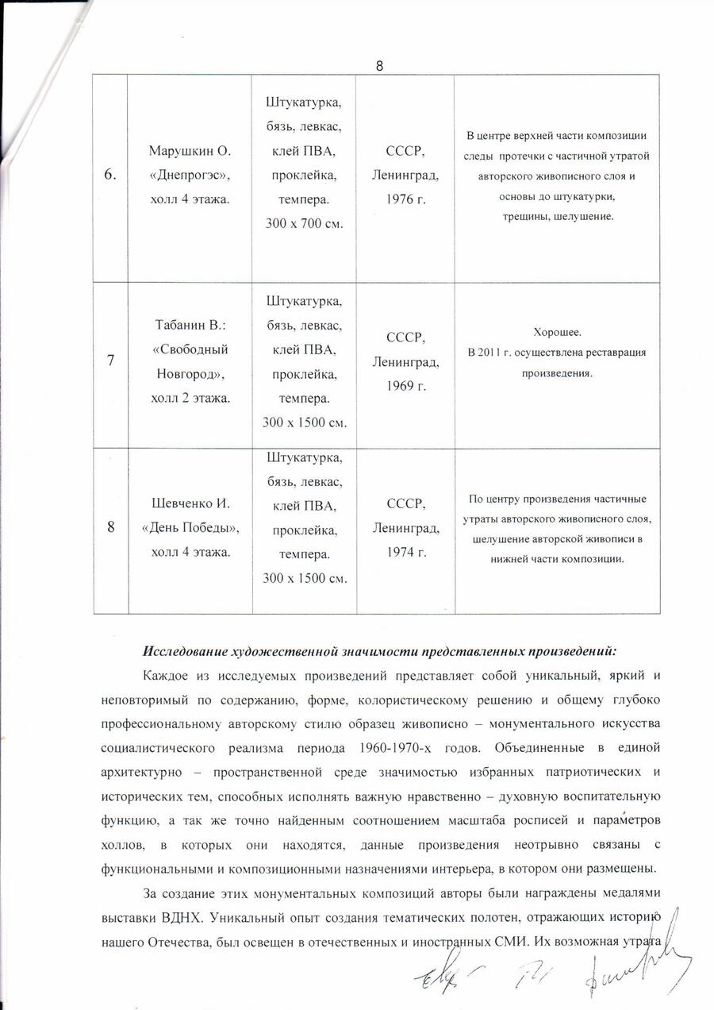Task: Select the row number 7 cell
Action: [x=111, y=360]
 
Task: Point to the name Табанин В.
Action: [x=189, y=326]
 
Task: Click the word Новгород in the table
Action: [x=190, y=373]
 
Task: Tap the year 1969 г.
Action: [x=405, y=386]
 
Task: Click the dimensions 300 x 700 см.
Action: [x=304, y=225]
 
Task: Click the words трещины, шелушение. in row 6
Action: [x=557, y=216]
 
